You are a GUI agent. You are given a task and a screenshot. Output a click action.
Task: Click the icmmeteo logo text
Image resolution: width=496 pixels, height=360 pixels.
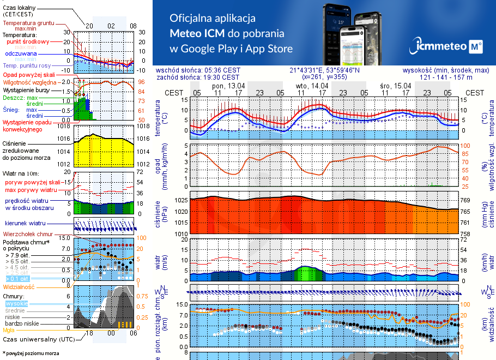point(442,46)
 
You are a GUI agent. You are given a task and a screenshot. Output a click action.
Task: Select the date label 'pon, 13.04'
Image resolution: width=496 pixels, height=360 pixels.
point(228,86)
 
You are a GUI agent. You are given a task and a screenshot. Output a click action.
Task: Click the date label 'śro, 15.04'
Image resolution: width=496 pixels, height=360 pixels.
point(395,86)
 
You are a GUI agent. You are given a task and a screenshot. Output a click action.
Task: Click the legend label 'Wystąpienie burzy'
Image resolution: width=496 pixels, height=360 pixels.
point(27,89)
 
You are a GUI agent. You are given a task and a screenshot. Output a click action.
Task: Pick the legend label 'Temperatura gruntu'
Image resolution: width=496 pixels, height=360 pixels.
point(28,23)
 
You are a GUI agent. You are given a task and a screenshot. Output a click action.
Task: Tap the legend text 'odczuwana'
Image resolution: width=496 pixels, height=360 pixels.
point(21,53)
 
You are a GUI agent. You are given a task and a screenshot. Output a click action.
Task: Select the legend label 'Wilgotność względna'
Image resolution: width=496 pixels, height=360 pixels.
point(28,82)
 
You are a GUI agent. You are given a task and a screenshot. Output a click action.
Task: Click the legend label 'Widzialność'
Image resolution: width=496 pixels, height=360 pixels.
point(19,286)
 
